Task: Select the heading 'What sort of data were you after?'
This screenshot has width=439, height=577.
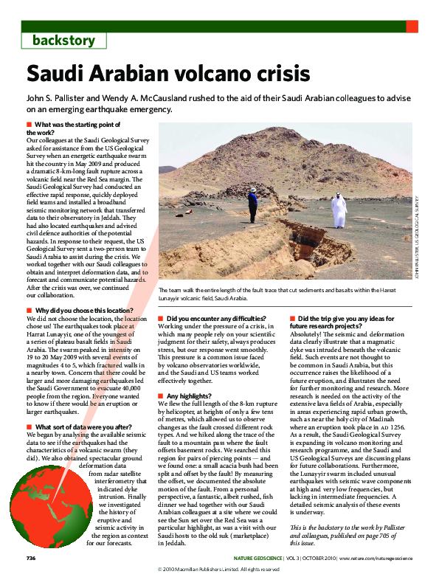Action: (83, 426)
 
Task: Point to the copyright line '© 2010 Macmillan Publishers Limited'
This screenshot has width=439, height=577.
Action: (219, 570)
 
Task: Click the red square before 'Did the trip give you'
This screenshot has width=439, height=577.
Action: (292, 317)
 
